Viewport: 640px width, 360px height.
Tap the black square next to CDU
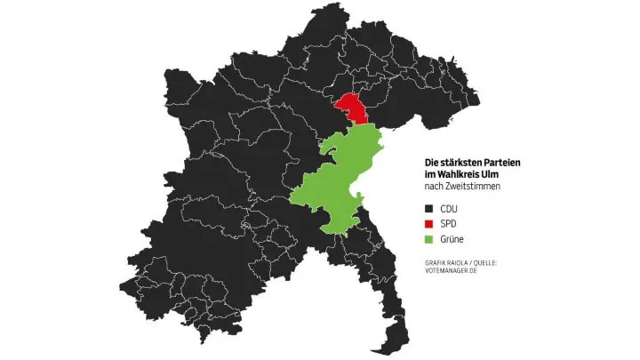tap(429, 208)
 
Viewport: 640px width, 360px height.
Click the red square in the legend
tap(429, 224)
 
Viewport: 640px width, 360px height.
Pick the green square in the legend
tap(429, 240)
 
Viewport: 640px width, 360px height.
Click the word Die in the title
tap(431, 163)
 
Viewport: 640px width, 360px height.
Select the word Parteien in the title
tap(502, 163)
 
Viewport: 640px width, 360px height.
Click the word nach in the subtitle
tap(433, 187)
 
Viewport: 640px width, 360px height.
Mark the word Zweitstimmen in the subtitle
tap(474, 187)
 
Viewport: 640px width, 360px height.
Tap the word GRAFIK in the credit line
tap(436, 261)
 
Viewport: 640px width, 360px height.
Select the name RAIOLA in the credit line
tap(463, 261)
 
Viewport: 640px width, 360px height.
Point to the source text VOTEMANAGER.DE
tap(454, 270)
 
